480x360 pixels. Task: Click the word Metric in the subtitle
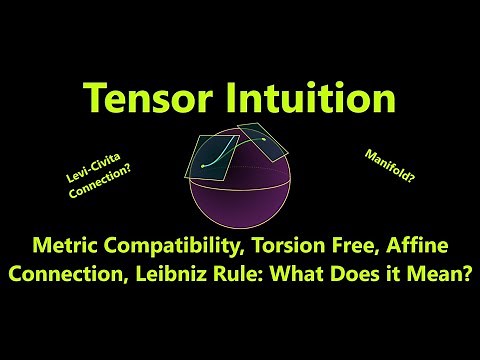67,242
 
